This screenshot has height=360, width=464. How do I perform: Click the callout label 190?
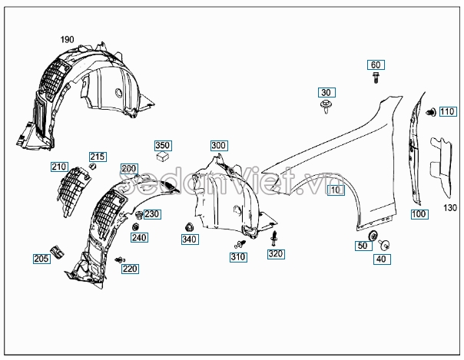click(68, 40)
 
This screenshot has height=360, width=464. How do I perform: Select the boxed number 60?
click(376, 64)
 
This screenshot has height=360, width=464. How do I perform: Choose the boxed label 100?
click(419, 214)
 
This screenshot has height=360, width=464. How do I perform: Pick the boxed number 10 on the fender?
click(335, 190)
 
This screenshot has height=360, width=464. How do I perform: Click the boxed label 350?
click(162, 145)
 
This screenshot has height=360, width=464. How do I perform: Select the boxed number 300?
click(219, 145)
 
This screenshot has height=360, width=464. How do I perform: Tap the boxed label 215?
click(98, 157)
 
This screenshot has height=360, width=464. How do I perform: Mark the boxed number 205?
click(41, 259)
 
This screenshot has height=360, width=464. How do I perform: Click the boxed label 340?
click(190, 239)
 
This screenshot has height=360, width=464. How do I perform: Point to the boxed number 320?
click(276, 253)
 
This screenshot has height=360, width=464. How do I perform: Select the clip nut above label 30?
click(328, 105)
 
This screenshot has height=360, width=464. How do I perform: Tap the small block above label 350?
click(162, 157)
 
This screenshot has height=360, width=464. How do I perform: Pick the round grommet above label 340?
click(189, 226)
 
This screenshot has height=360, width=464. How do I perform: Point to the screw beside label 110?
click(432, 112)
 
